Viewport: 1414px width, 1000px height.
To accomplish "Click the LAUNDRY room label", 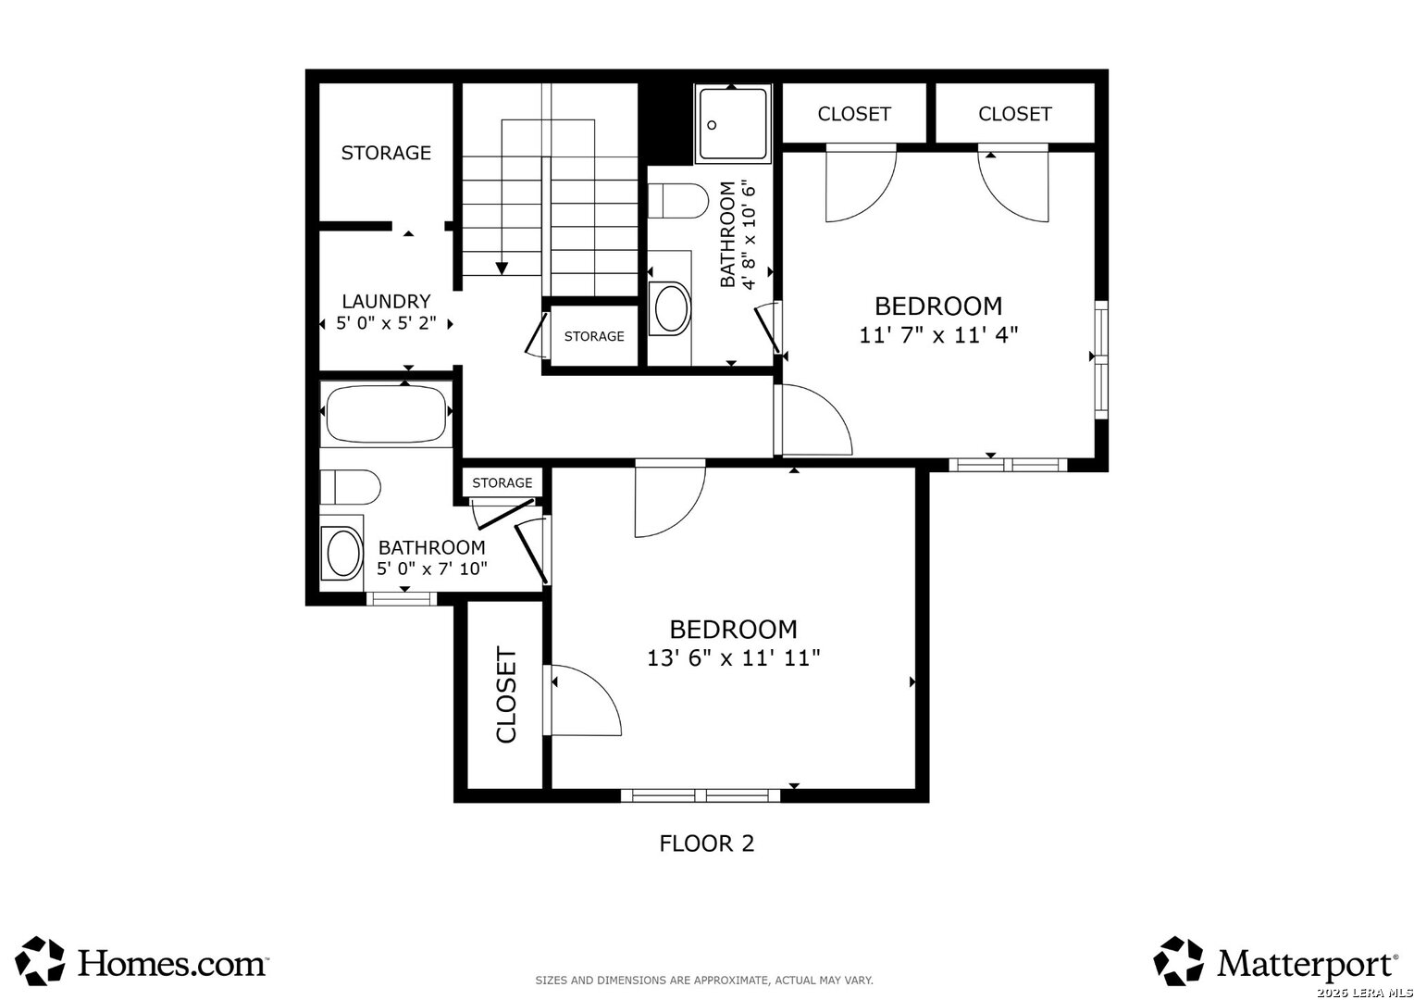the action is (x=386, y=301).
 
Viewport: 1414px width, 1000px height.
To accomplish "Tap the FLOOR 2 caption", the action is (x=706, y=844).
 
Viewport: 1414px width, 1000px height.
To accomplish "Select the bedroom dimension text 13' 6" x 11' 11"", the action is (x=734, y=658).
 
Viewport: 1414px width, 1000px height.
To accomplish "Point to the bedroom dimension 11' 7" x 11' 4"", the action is (x=938, y=335).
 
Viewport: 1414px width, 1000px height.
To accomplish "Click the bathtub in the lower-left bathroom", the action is (x=386, y=414).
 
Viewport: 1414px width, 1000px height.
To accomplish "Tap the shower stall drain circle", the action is (x=712, y=125).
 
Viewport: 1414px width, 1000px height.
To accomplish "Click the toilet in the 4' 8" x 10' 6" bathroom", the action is (x=678, y=201).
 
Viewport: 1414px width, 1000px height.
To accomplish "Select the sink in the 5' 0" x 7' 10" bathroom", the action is (x=342, y=554).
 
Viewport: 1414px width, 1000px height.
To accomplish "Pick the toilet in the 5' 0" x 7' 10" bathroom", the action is (x=351, y=487).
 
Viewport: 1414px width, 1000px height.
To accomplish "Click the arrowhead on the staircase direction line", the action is (x=502, y=269).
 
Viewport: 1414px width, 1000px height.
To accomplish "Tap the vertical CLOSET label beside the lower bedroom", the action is (x=506, y=694).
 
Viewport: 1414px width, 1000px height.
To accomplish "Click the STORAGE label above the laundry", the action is (x=386, y=153).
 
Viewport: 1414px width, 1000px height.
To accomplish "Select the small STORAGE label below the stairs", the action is (x=594, y=337).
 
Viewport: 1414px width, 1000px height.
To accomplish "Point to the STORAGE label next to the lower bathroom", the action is (x=502, y=483).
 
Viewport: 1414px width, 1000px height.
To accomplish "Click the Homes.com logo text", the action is (x=172, y=963).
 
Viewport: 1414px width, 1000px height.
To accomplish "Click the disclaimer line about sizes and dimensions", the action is (x=704, y=981).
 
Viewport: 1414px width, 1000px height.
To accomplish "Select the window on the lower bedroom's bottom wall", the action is (x=701, y=795).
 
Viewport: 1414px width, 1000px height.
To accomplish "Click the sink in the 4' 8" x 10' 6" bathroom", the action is (x=672, y=309).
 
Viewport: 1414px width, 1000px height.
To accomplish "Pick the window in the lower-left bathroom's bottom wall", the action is (x=402, y=599).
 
